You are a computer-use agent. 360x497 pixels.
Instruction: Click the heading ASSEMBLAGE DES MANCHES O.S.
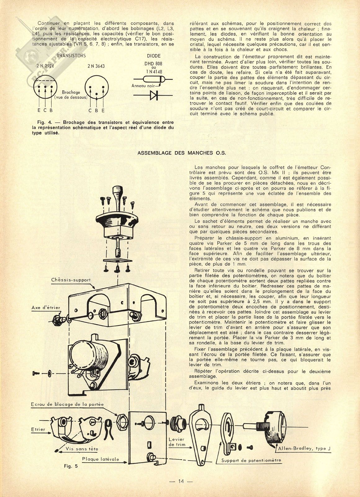coord(182,153)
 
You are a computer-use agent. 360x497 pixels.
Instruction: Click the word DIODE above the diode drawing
coord(154,56)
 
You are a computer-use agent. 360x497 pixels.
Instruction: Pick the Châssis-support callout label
coord(71,280)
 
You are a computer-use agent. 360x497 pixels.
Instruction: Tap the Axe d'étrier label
coord(46,307)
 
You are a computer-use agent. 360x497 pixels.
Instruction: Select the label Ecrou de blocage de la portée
coord(67,404)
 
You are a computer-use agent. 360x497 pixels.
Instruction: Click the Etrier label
coord(38,430)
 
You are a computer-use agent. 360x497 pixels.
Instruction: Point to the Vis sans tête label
coord(82,449)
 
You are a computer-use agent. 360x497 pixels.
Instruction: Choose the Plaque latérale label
coord(101,459)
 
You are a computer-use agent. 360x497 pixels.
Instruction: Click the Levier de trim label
coord(177,442)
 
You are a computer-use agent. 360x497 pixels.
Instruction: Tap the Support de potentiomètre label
coord(251,460)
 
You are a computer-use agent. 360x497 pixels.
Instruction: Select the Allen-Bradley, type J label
coord(304,448)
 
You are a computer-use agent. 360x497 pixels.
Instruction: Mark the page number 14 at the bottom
coord(181,481)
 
